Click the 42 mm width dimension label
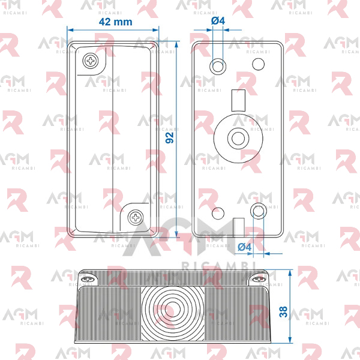point(115,22)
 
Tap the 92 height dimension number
point(170,138)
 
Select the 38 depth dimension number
point(283,312)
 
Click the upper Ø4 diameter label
point(218,21)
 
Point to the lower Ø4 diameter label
point(245,247)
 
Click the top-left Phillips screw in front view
point(91,61)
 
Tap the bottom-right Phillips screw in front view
point(136,217)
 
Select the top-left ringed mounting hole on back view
point(218,67)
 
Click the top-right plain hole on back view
point(258,64)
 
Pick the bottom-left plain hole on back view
point(218,213)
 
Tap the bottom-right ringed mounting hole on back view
point(258,211)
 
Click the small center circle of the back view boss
point(238,139)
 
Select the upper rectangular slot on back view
point(238,100)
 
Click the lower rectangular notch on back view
point(239,227)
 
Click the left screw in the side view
point(88,279)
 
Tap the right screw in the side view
point(259,279)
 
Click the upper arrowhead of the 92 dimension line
point(176,44)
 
